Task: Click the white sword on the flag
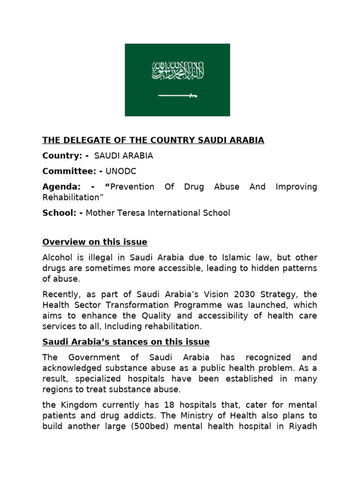click(x=178, y=96)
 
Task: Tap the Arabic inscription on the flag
click(x=178, y=71)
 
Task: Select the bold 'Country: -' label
click(x=66, y=155)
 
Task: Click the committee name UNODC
click(x=122, y=171)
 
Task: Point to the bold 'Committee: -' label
click(x=73, y=171)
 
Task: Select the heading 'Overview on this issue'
click(x=95, y=242)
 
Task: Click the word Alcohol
click(x=58, y=258)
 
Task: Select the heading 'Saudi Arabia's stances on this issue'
click(x=126, y=342)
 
